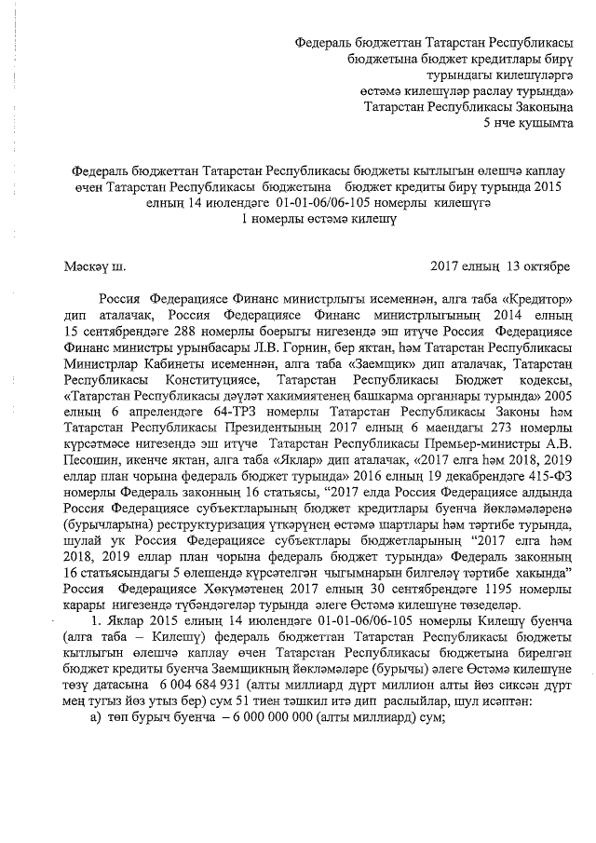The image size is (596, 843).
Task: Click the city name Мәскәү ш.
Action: click(94, 266)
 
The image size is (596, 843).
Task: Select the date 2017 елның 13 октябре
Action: click(501, 266)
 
